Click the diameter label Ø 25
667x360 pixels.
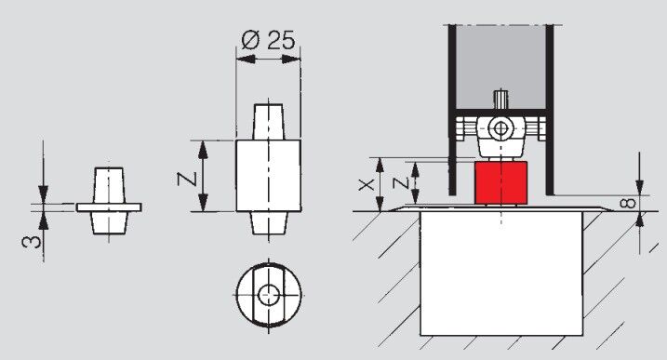pos(268,40)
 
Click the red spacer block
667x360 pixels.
pos(501,184)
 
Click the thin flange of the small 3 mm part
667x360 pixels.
pos(109,206)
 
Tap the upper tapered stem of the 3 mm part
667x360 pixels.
pos(109,183)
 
